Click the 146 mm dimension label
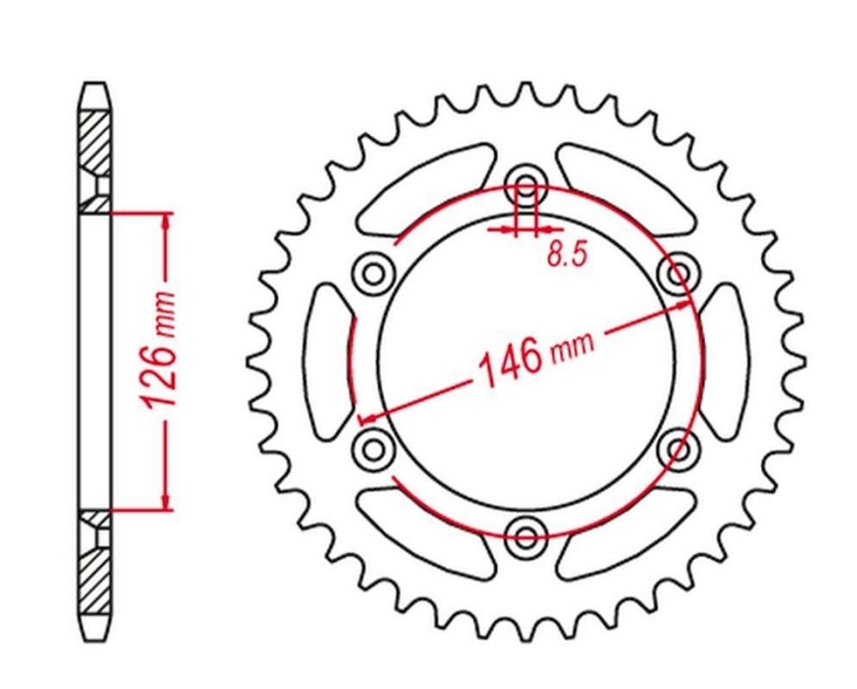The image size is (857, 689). (536, 358)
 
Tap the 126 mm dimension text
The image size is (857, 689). (160, 350)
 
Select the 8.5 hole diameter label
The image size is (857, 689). (567, 254)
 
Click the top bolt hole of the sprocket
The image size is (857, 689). (526, 184)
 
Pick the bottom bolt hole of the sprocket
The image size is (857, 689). (526, 536)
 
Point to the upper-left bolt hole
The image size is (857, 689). (374, 272)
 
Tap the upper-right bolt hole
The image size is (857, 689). (678, 272)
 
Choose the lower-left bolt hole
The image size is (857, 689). (374, 448)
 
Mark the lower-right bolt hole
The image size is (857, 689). (678, 448)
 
